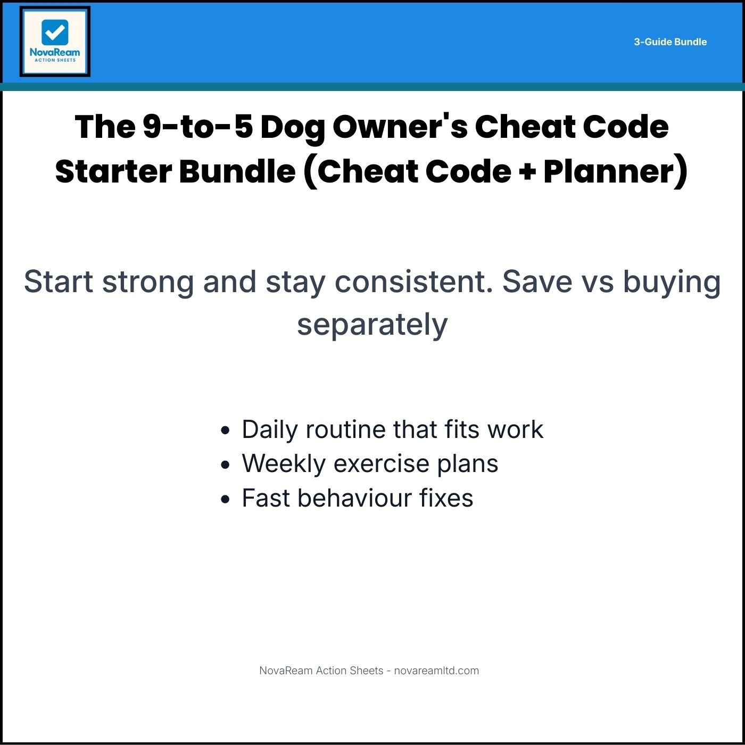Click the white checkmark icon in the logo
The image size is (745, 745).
coord(55,32)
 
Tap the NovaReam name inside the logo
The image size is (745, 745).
coord(55,52)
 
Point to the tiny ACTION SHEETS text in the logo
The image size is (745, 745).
coord(55,60)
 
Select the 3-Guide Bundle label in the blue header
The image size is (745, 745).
coord(670,42)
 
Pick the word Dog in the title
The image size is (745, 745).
coord(292,128)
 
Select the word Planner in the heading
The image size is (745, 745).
coord(609,171)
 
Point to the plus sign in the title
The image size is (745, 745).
coord(527,172)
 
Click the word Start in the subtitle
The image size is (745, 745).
coord(59,282)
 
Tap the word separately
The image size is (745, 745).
coord(372,325)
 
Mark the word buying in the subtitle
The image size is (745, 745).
coord(672,283)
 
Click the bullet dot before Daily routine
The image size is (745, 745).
coord(226,430)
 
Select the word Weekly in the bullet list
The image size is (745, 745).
coord(283,463)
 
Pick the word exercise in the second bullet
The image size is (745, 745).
coord(380,463)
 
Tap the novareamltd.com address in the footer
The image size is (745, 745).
coord(436,670)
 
